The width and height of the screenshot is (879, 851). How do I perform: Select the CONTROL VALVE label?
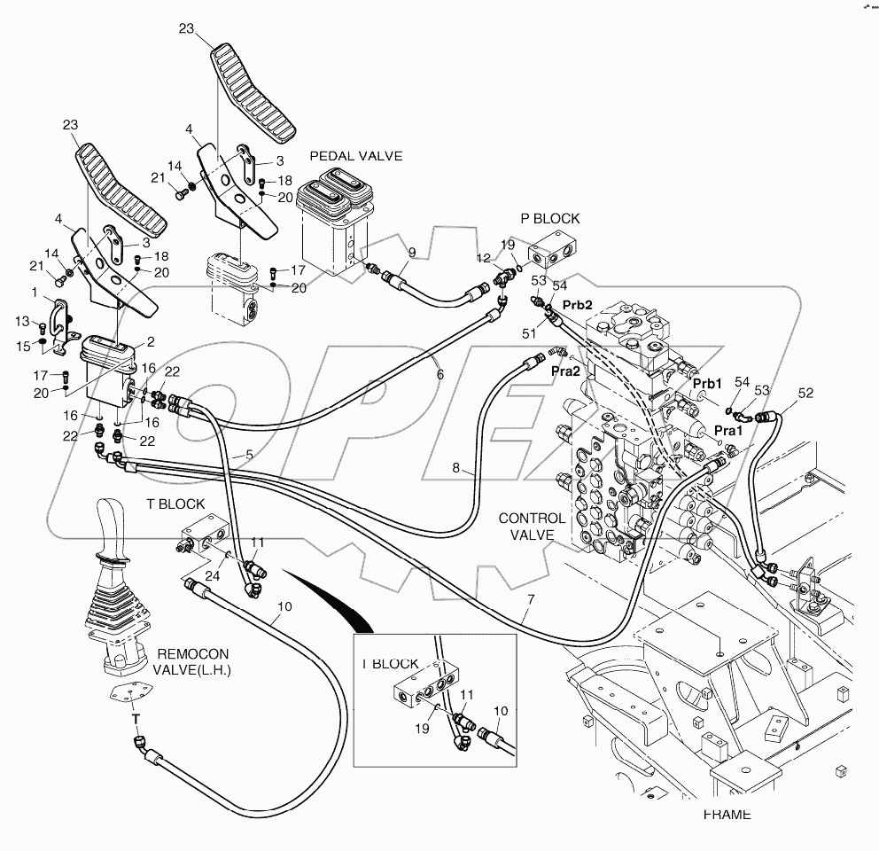tap(531, 527)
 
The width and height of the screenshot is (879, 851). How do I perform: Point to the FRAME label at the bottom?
tap(727, 814)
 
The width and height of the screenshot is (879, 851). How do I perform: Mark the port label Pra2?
tap(565, 371)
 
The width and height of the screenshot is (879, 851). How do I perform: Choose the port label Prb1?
tap(708, 383)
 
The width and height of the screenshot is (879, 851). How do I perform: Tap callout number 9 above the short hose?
tap(412, 252)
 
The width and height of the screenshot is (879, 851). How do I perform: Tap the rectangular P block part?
tap(553, 254)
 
